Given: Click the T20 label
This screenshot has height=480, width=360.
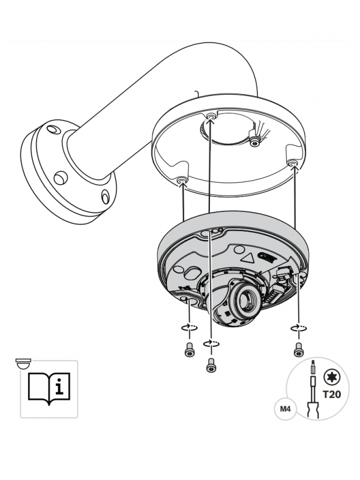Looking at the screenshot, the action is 332,394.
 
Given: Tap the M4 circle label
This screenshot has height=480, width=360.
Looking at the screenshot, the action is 285,409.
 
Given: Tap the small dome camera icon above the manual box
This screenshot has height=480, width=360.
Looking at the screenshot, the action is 23,363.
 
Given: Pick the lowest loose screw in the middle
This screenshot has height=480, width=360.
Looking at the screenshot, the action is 211,365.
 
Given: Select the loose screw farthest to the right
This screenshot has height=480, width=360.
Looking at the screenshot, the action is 299,349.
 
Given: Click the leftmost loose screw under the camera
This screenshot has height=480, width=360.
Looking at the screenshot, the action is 190,349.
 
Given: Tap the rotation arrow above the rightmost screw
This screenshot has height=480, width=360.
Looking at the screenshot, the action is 298,328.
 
